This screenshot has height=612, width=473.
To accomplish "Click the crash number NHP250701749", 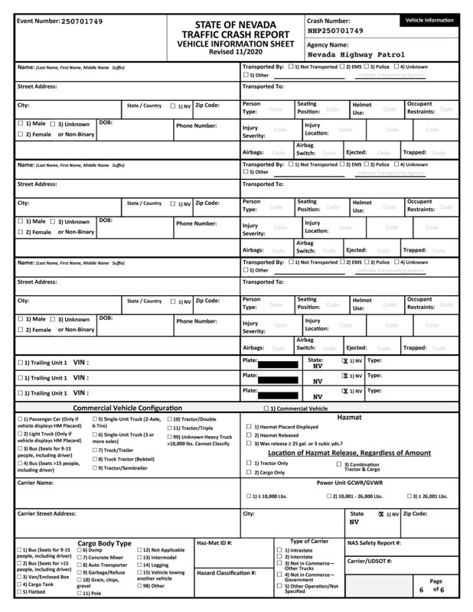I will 336,31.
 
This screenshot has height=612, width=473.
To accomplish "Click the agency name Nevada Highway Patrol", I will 357,55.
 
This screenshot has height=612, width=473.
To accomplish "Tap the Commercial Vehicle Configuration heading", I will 127,408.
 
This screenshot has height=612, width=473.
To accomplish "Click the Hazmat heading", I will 349,418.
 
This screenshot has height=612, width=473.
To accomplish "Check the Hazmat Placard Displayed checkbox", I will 249,427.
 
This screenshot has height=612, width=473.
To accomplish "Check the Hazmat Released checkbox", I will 249,435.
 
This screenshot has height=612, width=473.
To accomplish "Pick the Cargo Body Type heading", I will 104,542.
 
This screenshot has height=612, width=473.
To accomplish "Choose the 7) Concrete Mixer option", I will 102,557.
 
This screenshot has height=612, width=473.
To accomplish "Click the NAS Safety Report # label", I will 374,542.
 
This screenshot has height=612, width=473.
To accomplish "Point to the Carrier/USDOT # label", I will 370,561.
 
